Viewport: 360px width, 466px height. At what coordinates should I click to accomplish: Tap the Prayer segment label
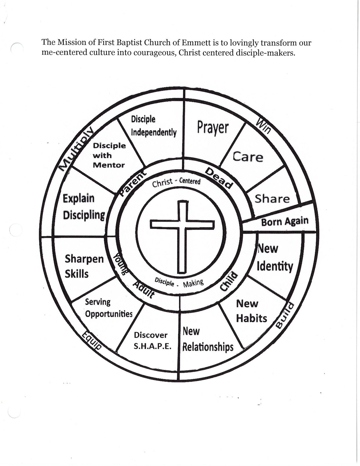point(213,128)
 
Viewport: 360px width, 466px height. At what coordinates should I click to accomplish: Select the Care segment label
point(248,157)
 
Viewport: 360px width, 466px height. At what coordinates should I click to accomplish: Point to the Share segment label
point(272,199)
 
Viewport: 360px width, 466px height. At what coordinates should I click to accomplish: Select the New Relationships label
point(208,339)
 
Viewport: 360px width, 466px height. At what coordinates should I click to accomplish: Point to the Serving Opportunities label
point(109,308)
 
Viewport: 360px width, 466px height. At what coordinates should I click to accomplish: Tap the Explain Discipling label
point(84,207)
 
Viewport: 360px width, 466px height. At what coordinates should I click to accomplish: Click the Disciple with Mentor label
point(109,155)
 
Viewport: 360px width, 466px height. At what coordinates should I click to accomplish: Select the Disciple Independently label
point(154,126)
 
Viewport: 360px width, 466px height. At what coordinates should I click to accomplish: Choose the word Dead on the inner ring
point(219,178)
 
